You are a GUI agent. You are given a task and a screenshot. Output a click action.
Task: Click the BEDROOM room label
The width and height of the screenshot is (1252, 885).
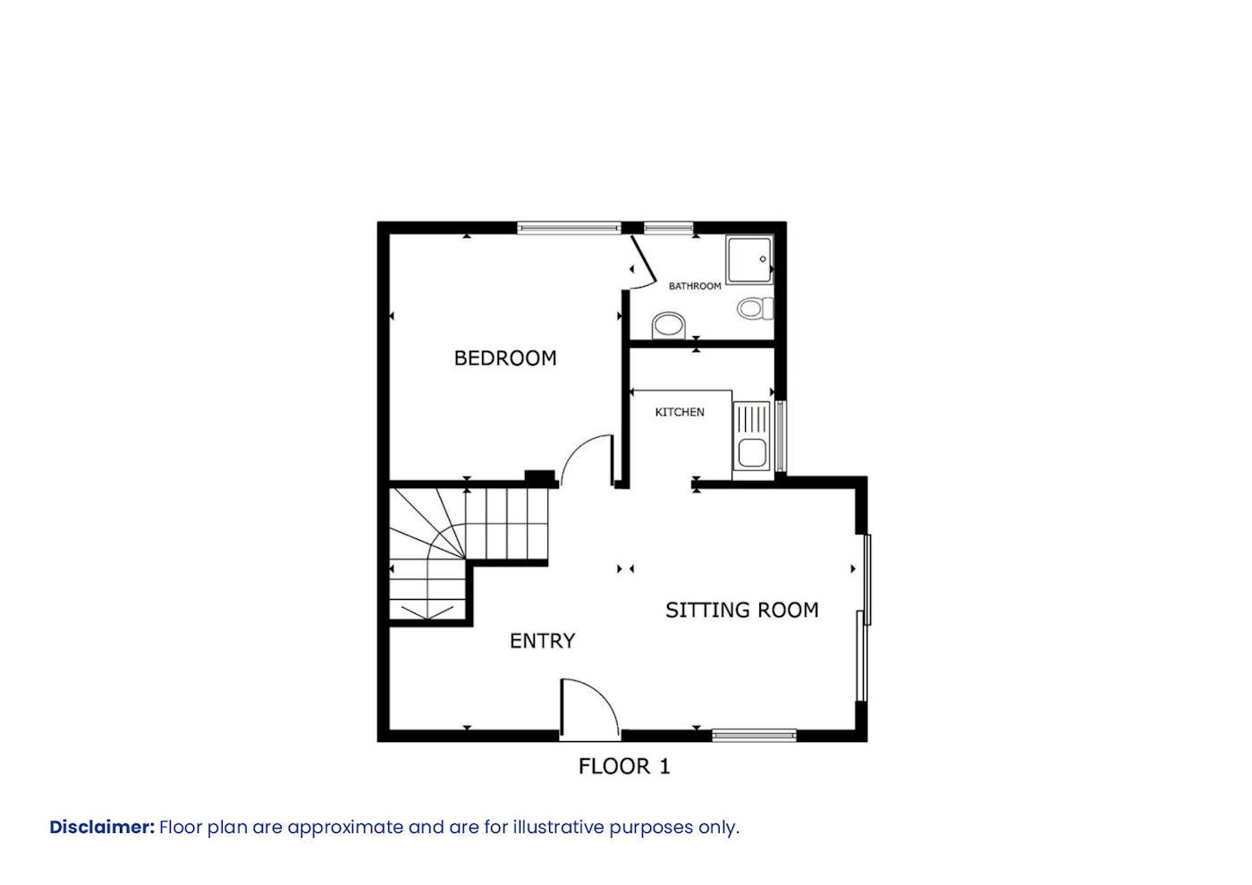(x=504, y=358)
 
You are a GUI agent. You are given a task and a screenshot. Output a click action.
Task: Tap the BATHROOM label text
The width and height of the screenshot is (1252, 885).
(x=695, y=286)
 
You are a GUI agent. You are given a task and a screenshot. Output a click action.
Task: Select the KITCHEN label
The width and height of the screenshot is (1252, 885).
(x=679, y=412)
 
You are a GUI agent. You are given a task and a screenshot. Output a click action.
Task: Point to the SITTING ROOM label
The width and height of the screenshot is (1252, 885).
(x=741, y=610)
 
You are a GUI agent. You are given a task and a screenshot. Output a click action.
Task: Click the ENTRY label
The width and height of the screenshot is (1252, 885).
(x=542, y=641)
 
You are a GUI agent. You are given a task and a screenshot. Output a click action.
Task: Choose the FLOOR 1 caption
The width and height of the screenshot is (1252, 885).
(x=624, y=766)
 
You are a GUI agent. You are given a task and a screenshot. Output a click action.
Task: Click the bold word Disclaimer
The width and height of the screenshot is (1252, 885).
(x=102, y=827)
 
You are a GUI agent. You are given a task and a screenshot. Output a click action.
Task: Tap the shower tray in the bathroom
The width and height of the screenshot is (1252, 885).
(x=749, y=260)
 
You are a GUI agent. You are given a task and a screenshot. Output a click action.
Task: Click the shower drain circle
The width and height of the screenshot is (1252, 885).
(x=762, y=259)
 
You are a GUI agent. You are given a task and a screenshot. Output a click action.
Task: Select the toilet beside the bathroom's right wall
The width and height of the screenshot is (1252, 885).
(x=755, y=308)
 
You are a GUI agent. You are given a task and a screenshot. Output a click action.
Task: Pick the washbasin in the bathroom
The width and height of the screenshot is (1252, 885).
(x=669, y=325)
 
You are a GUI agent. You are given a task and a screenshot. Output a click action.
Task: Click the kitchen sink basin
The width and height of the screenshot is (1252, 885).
(x=752, y=452)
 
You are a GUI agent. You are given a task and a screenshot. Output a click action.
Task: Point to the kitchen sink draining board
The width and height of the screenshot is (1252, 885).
(x=752, y=420)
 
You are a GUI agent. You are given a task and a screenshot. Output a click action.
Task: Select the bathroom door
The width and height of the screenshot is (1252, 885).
(x=643, y=261)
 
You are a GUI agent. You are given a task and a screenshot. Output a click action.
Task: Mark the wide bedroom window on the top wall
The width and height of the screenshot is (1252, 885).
(x=569, y=228)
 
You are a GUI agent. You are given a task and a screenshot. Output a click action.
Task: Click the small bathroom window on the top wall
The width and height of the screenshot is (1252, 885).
(x=669, y=228)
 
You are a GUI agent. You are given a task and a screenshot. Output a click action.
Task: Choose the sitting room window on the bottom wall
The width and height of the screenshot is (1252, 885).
(x=754, y=736)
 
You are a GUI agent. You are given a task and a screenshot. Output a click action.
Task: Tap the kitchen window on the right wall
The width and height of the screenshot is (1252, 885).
(x=781, y=436)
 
